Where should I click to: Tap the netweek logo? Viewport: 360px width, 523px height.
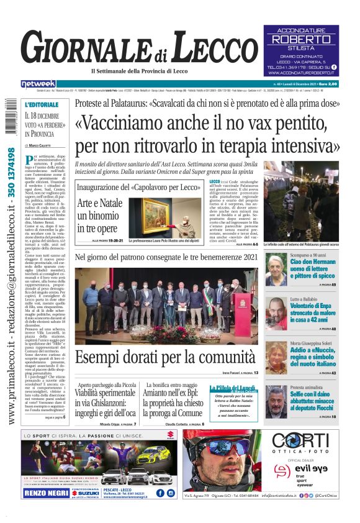click(x=38, y=83)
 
